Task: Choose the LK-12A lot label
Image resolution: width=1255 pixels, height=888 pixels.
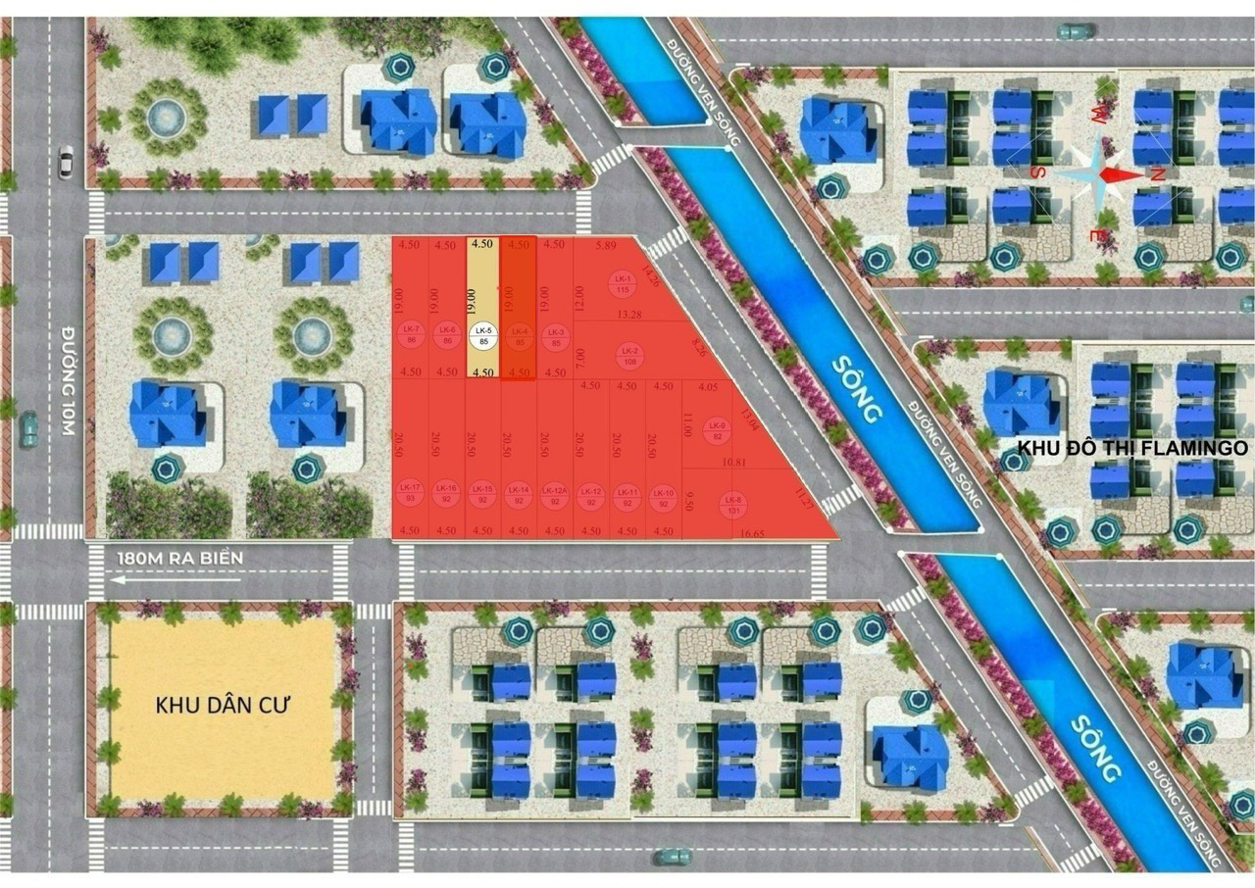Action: (x=554, y=495)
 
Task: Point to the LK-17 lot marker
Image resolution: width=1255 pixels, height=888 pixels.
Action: (x=410, y=495)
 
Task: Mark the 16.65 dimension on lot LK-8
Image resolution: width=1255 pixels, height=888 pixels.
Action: (x=753, y=532)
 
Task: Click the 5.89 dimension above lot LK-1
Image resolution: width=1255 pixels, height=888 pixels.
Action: (x=604, y=245)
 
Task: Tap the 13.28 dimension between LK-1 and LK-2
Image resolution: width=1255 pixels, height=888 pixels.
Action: (x=629, y=315)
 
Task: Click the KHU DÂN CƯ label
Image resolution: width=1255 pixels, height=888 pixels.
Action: (x=226, y=706)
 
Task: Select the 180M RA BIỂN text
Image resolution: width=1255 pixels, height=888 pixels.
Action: (x=178, y=558)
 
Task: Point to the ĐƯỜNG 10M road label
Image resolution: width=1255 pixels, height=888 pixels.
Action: (x=70, y=373)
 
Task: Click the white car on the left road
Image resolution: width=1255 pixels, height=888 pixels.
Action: (x=66, y=162)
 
